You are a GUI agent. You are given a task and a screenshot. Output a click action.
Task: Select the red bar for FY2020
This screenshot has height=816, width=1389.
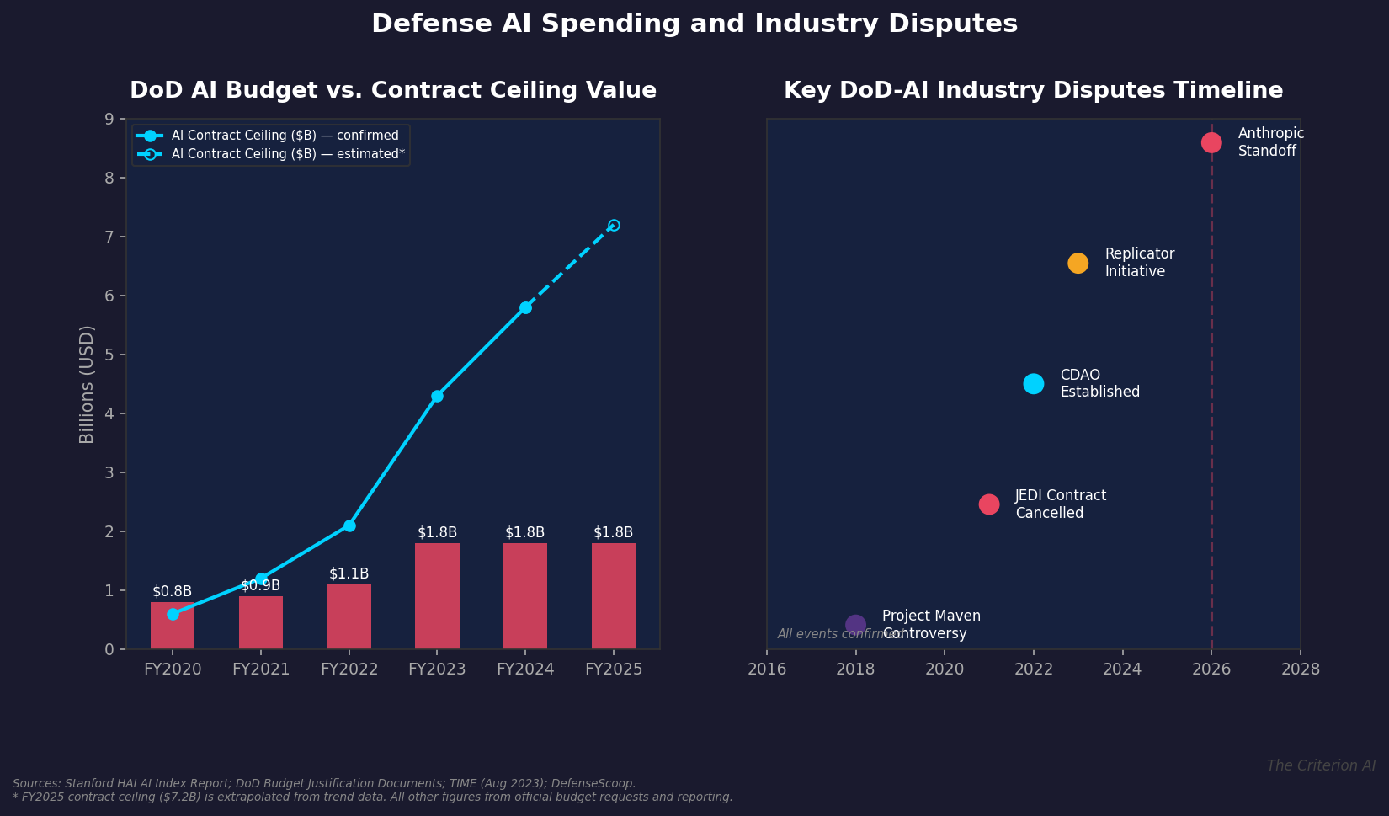point(173,632)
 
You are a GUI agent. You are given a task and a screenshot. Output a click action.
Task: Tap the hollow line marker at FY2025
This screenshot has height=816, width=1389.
point(614,226)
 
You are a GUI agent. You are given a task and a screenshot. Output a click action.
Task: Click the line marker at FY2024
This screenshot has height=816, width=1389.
point(525,307)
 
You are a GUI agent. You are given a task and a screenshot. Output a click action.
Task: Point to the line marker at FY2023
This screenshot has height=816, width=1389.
point(437,396)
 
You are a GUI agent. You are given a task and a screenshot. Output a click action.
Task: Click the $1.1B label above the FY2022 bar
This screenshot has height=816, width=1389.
point(349,574)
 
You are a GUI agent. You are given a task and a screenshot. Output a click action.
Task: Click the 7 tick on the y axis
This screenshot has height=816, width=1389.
point(109,237)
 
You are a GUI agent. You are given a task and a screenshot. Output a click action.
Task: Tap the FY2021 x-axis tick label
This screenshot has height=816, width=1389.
point(261,669)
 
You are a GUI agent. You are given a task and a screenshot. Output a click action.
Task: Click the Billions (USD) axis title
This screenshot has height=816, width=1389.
point(87,384)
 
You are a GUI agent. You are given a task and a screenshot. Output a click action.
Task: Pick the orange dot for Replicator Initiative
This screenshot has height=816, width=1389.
point(1078,264)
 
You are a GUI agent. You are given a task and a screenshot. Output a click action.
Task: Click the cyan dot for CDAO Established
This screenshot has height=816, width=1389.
point(1034,384)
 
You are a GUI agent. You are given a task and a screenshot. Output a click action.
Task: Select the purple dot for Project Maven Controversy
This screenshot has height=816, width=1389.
point(855,625)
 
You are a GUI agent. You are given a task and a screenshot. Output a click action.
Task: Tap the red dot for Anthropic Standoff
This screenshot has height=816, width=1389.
point(1211,142)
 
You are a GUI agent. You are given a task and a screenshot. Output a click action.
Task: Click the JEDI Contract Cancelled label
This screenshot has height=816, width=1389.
point(1060,504)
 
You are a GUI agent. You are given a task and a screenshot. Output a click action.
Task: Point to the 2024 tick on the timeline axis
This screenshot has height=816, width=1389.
point(1122,669)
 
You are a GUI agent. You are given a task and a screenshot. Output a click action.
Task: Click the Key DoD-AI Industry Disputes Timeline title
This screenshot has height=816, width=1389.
point(1033,91)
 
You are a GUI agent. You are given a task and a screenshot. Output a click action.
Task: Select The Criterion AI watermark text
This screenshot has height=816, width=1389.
point(1321,765)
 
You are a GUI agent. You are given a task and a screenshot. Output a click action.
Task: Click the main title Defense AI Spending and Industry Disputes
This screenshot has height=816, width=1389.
point(694,24)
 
